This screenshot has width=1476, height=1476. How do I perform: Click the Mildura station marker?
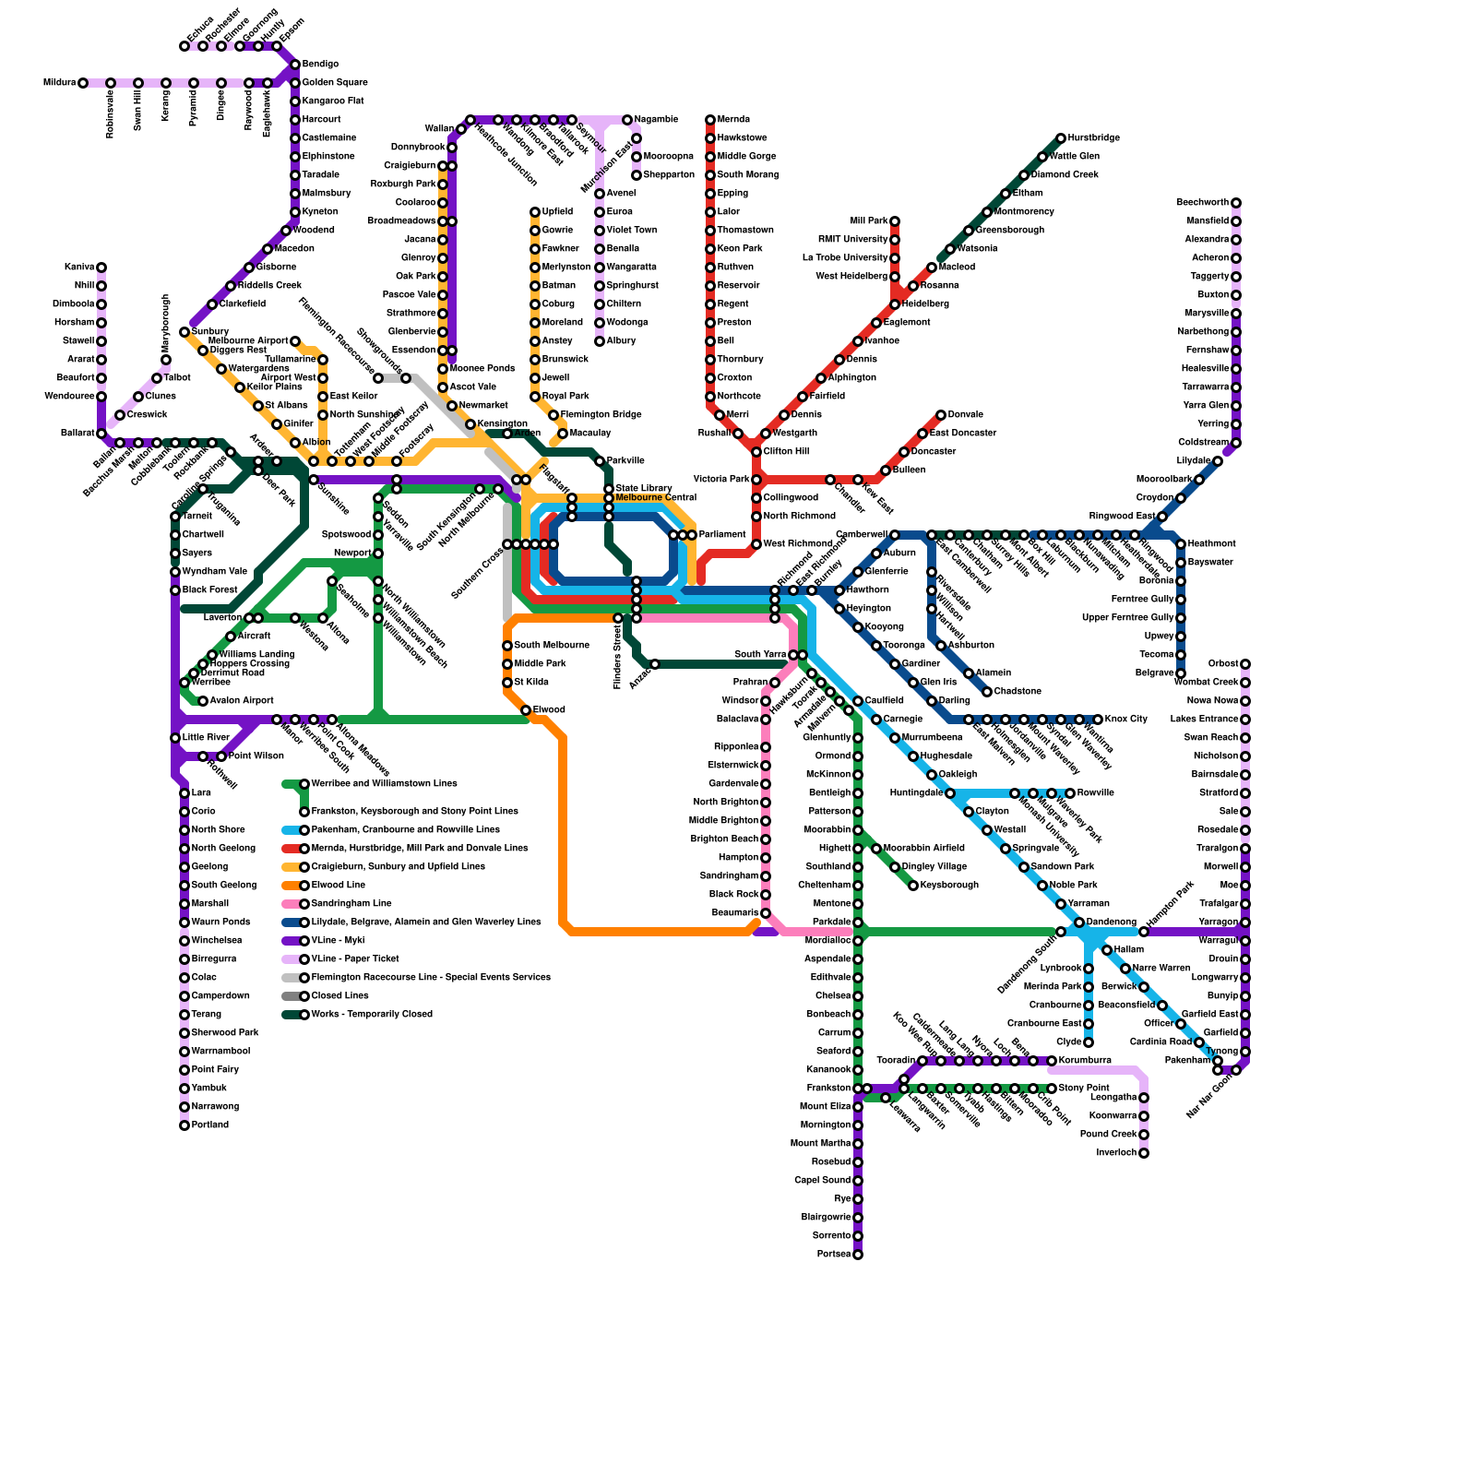coord(83,83)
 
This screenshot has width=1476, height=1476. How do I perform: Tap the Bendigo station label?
coord(320,65)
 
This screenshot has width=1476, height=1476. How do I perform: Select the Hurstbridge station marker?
coord(1061,138)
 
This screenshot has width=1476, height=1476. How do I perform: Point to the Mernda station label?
coord(733,120)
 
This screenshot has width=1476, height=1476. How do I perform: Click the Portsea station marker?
coord(858,1255)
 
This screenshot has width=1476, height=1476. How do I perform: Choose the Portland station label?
coord(209,1125)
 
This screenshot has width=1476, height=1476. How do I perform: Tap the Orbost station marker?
coord(1245,664)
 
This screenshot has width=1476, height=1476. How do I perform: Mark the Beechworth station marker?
coord(1236,203)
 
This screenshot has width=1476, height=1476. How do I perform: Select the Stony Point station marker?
coord(1052,1089)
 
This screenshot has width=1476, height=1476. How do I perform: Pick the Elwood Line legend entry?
coord(338,886)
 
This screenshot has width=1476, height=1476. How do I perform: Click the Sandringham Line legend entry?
coord(351,904)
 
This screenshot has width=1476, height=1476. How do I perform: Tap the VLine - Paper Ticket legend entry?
coord(355,959)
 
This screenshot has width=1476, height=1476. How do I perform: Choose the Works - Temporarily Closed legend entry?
coord(372,1015)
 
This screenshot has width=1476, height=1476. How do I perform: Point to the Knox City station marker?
coord(1098,720)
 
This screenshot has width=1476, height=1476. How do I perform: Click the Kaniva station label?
coord(79,268)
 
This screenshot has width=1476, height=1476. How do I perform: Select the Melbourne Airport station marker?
coord(295,341)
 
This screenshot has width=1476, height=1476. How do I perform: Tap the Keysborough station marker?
coord(913,886)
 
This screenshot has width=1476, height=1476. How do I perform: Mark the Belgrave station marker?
coord(1181,673)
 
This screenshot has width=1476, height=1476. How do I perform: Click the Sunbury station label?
coord(210,331)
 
